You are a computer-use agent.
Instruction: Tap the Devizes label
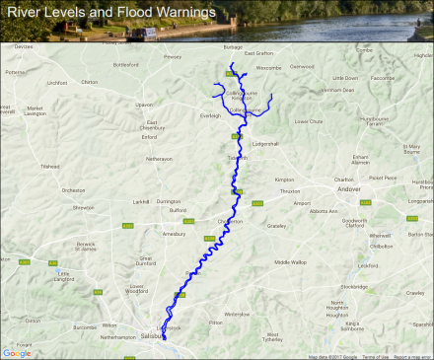click(25, 46)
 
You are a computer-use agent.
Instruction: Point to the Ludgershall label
click(267, 143)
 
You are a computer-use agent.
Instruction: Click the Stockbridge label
click(354, 287)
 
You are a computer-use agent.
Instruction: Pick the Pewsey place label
click(174, 57)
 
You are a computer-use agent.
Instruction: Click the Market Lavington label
click(36, 110)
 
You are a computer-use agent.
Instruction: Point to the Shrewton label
click(83, 207)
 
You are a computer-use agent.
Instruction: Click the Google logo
click(17, 352)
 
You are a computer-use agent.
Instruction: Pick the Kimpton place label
click(285, 180)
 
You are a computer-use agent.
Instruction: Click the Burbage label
click(233, 46)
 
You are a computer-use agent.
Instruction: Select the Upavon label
click(145, 104)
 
